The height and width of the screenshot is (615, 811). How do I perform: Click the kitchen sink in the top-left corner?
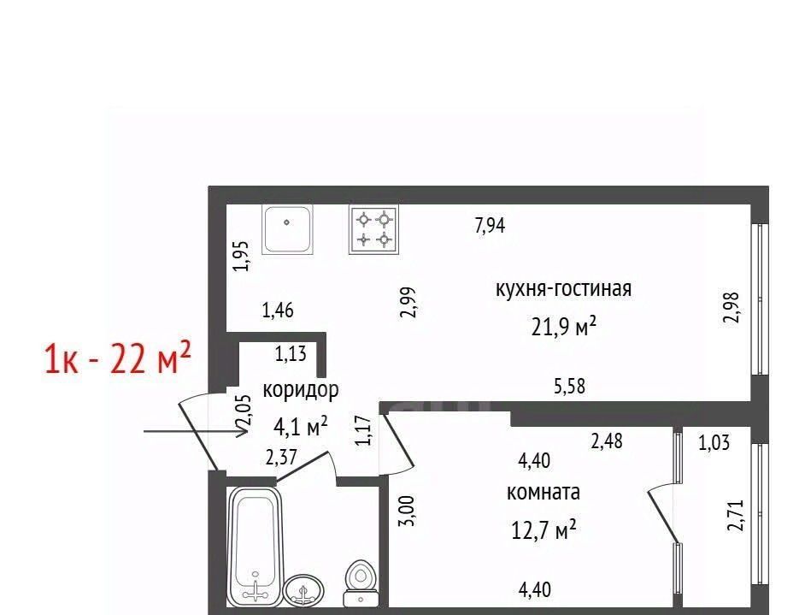point(288,229)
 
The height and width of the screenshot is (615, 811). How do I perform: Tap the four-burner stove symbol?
point(374,229)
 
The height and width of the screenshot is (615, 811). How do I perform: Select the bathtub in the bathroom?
point(255,547)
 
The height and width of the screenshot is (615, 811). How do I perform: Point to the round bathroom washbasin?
point(303,591)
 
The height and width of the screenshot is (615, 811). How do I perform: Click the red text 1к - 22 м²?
point(118,358)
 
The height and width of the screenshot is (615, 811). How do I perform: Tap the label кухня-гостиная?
point(564,288)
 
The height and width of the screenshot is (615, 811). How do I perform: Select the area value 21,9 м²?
point(564,327)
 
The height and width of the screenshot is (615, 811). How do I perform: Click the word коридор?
point(301,389)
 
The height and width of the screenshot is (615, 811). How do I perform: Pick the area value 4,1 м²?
point(301,427)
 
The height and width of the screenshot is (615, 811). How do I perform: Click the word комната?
point(543,491)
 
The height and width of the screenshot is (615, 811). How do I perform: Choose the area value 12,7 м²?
point(544,529)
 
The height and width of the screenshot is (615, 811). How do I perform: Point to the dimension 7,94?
point(490,225)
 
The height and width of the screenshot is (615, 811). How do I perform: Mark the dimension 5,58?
point(569,386)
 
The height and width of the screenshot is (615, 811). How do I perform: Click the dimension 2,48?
point(607,441)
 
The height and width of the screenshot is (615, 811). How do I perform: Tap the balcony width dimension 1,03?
point(714,442)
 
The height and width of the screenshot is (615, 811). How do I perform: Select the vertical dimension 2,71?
point(735,515)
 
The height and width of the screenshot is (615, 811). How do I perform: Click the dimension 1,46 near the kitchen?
point(278,310)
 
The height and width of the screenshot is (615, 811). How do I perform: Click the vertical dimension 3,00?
point(407,511)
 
